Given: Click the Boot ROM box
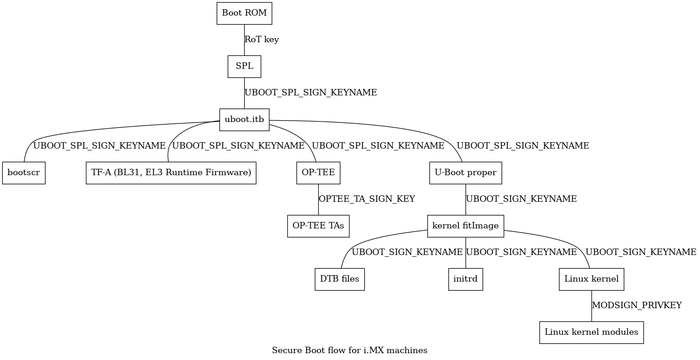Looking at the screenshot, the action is coord(244,13).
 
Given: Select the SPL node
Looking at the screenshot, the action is coord(244,66).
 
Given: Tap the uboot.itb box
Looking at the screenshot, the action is coord(244,120).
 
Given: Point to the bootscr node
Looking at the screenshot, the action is coord(24,173).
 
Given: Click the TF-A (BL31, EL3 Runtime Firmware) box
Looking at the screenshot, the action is coord(171,173).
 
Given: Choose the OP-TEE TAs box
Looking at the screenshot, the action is coord(319,226).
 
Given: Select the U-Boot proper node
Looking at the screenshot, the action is coord(466,173).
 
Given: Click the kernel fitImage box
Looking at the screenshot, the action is coord(466,226).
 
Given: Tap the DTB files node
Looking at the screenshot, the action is coord(340,279).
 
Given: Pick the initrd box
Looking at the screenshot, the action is coord(466,279).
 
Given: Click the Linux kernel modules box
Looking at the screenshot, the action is coord(591,332).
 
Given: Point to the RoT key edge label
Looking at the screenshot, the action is coord(262,40).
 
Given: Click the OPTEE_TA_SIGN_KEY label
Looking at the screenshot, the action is coord(367,199).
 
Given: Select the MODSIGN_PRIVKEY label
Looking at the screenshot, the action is coord(637,305).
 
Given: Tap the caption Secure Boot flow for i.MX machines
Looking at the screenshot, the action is coord(350,350).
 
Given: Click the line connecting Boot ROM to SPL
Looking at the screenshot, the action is coord(244,40).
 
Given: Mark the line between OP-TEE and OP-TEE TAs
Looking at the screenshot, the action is coord(319,199).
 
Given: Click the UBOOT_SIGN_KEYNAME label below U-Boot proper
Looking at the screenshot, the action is coord(521,199).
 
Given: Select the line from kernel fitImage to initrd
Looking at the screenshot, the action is coord(466,253).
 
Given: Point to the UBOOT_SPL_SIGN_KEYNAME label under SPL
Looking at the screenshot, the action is coord(311,93).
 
